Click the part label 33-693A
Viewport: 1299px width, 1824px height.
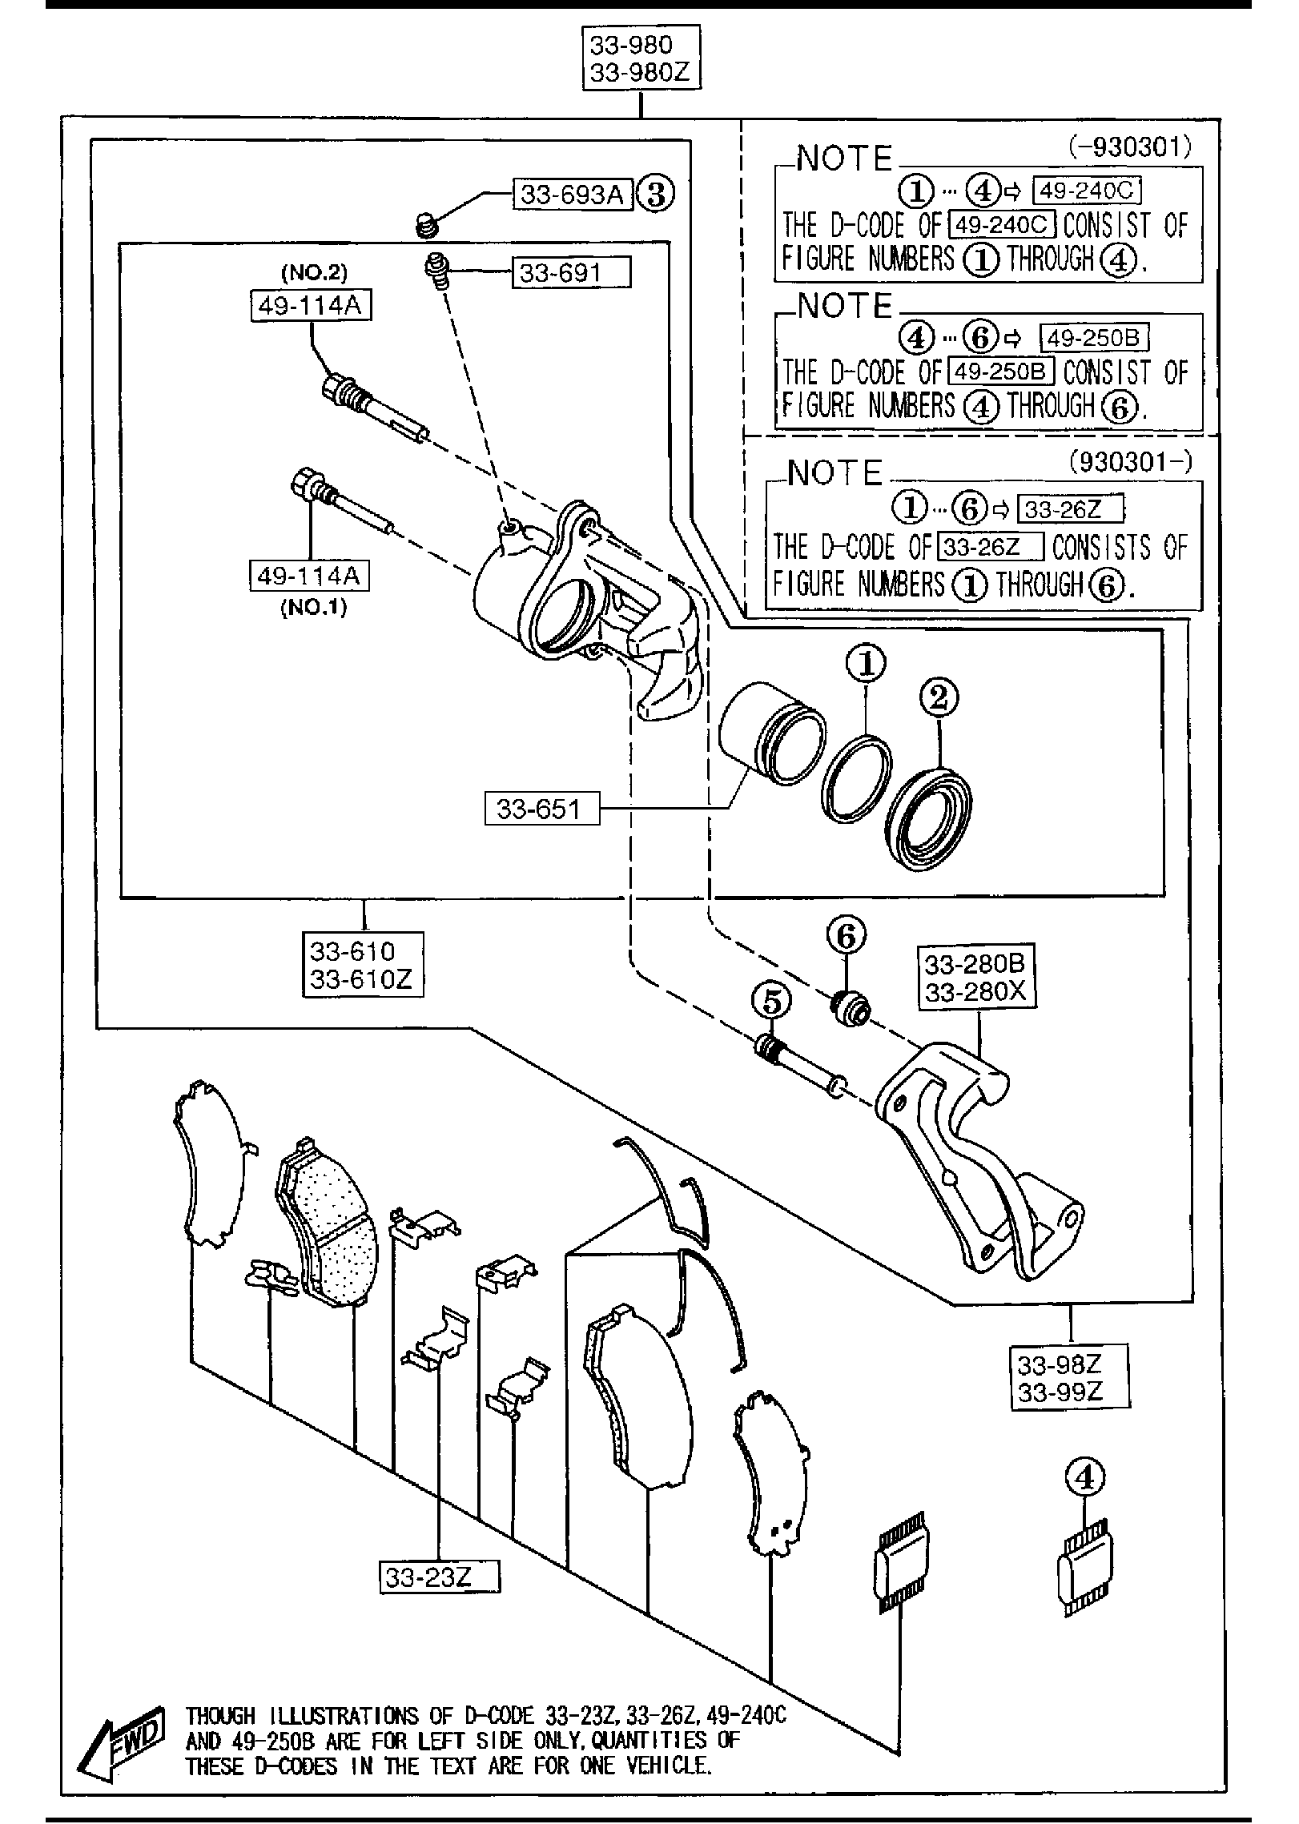point(572,195)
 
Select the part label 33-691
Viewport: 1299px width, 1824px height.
point(570,273)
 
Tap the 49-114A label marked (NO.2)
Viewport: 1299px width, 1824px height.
point(311,305)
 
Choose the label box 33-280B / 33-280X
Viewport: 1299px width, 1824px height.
point(975,978)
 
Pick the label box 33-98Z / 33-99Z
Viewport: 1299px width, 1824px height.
point(1069,1377)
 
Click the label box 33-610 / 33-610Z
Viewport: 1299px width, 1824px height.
point(363,964)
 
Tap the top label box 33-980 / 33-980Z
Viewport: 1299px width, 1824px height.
point(641,59)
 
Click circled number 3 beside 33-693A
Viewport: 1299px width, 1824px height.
point(656,195)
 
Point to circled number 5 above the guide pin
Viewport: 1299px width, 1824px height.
point(771,1001)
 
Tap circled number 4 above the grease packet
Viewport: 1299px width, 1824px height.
point(1084,1477)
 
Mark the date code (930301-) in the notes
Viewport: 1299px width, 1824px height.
point(1130,462)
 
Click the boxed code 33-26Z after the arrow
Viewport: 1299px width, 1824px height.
point(1069,508)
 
